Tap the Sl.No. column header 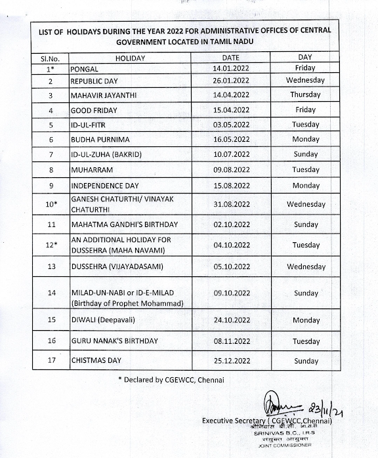(50, 58)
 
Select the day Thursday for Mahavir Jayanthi (306, 94)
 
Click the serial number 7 (50, 154)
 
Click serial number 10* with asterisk (50, 204)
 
